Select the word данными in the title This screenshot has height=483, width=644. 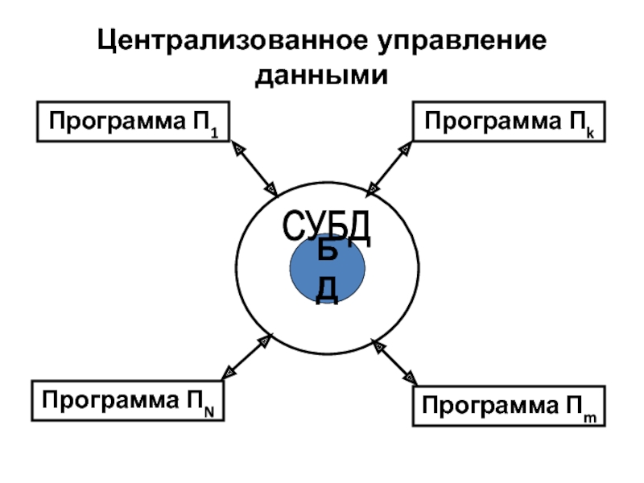(x=322, y=76)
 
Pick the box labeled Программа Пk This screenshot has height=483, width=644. (x=509, y=122)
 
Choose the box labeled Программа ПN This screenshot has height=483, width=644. (x=128, y=401)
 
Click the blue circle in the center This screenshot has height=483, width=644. (x=328, y=270)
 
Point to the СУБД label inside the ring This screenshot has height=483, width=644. (x=328, y=228)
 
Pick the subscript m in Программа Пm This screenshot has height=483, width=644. (x=590, y=415)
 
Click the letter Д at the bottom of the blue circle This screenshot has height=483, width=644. (x=327, y=290)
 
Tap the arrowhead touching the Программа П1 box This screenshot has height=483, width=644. (x=237, y=149)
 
